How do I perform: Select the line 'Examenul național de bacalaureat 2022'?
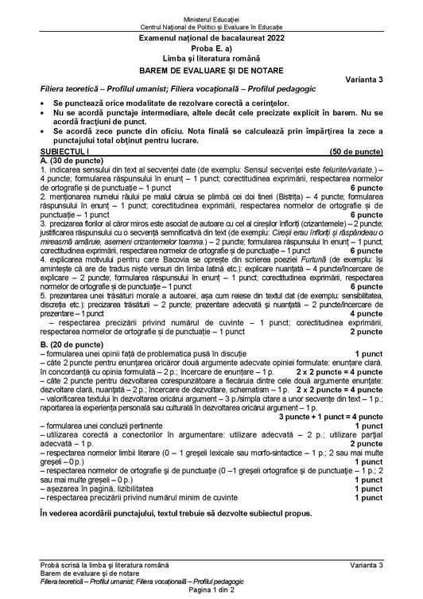point(212,37)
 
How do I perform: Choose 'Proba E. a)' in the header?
point(212,48)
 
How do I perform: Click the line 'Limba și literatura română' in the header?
point(212,58)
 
